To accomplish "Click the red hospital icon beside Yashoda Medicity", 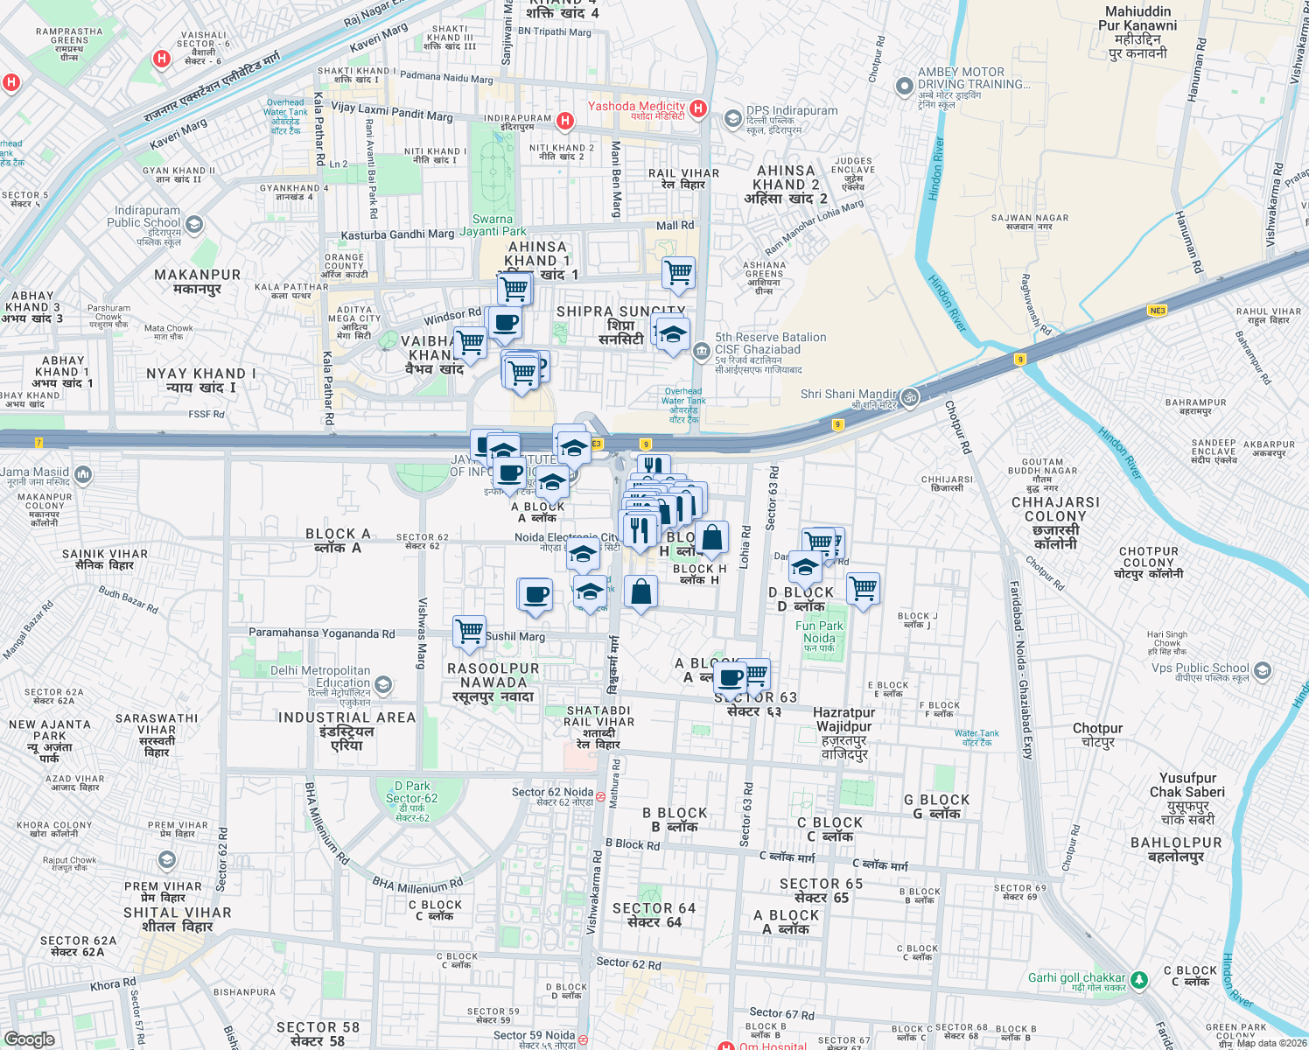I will click(697, 108).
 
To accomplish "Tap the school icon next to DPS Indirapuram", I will click(732, 118).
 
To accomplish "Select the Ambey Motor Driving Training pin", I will click(905, 87).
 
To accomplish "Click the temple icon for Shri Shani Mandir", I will click(910, 397).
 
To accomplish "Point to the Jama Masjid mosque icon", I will click(83, 474).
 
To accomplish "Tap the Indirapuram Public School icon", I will click(194, 225).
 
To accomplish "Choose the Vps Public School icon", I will click(1262, 671).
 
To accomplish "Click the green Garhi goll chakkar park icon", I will click(1138, 980).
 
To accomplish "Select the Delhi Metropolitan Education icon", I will click(382, 684).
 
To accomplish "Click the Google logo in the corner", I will click(29, 1039).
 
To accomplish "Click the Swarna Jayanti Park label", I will click(493, 226).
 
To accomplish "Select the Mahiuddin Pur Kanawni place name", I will click(1137, 32).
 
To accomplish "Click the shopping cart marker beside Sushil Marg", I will click(470, 631).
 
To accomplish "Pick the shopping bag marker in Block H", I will click(712, 538).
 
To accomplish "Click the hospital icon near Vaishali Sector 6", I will click(161, 59).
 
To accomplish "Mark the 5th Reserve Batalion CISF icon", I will click(701, 352).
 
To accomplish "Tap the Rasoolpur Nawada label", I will click(493, 682).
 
